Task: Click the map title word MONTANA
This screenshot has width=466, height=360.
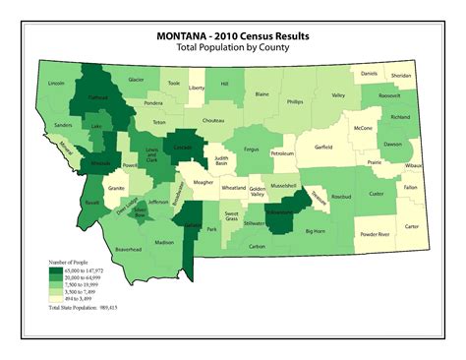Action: tap(185, 35)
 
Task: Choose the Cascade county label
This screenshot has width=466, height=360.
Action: tap(184, 148)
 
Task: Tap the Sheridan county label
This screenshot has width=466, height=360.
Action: tap(402, 75)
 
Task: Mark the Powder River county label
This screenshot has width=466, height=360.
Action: tap(374, 234)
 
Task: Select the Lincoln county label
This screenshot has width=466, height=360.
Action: tap(56, 84)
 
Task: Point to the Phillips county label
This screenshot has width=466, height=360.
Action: tap(295, 101)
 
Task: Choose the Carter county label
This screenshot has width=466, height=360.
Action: tap(411, 226)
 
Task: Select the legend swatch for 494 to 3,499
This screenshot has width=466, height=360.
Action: tap(56, 296)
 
